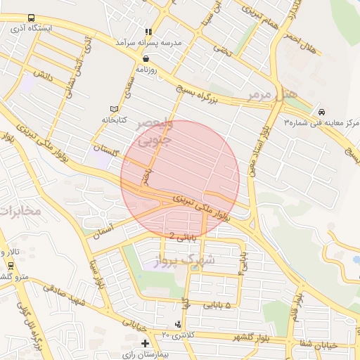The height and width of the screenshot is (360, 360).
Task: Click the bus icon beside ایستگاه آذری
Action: pyautogui.click(x=31, y=18)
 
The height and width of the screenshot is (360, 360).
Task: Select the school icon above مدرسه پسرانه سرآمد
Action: pyautogui.click(x=148, y=32)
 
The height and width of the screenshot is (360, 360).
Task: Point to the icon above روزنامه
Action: pyautogui.click(x=146, y=59)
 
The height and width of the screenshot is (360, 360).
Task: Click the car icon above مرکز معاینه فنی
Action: pyautogui.click(x=321, y=112)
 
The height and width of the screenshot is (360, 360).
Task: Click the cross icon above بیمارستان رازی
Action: pyautogui.click(x=145, y=344)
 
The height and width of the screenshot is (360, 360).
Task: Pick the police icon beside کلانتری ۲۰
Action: pyautogui.click(x=179, y=325)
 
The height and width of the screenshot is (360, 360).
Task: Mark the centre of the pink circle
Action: pyautogui.click(x=180, y=179)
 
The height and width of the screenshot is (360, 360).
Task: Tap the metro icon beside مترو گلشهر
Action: pyautogui.click(x=11, y=266)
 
